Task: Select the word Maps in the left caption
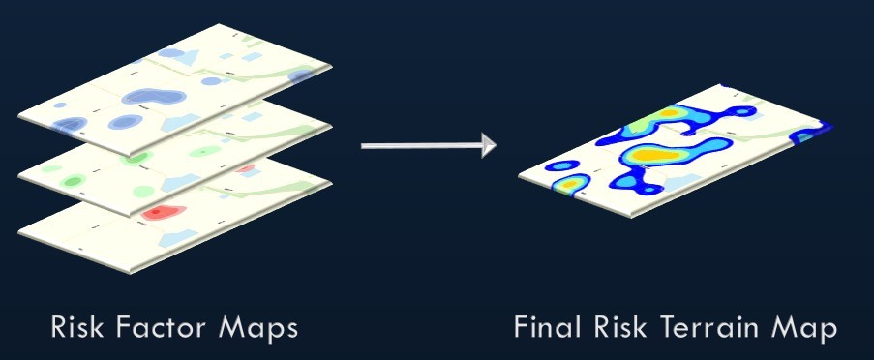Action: [x=258, y=327]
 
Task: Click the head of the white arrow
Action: [x=487, y=145]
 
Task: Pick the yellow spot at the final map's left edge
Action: [x=569, y=181]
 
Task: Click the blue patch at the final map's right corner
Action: [x=813, y=132]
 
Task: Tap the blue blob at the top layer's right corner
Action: [x=303, y=75]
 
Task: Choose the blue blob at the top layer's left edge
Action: [x=71, y=124]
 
